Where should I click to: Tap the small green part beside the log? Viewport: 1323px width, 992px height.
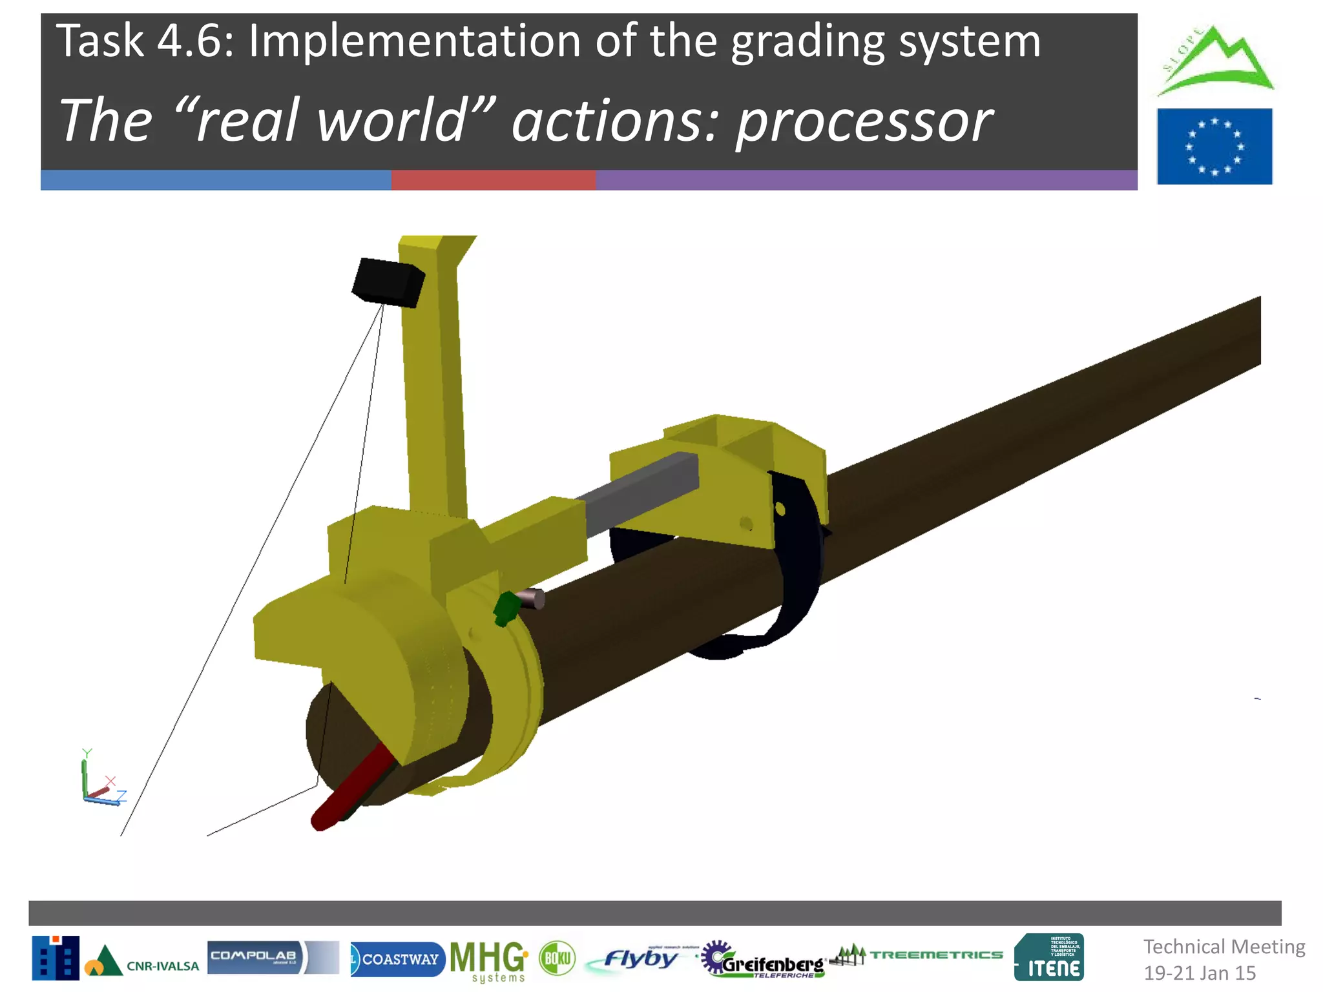pos(506,608)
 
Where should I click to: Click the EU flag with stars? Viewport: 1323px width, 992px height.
pos(1214,147)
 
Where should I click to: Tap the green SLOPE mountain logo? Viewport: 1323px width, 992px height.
pos(1214,62)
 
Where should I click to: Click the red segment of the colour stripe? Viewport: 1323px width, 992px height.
pos(493,180)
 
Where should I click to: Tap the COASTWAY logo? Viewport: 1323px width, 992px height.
pos(397,959)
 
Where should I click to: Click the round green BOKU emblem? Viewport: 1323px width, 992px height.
pos(557,958)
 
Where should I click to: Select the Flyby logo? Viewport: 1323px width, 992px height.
pos(640,958)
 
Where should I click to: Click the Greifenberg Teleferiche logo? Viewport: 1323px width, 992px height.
pos(762,960)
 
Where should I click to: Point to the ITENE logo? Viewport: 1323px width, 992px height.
pos(1048,957)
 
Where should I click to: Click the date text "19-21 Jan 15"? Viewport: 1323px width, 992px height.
pos(1199,973)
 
